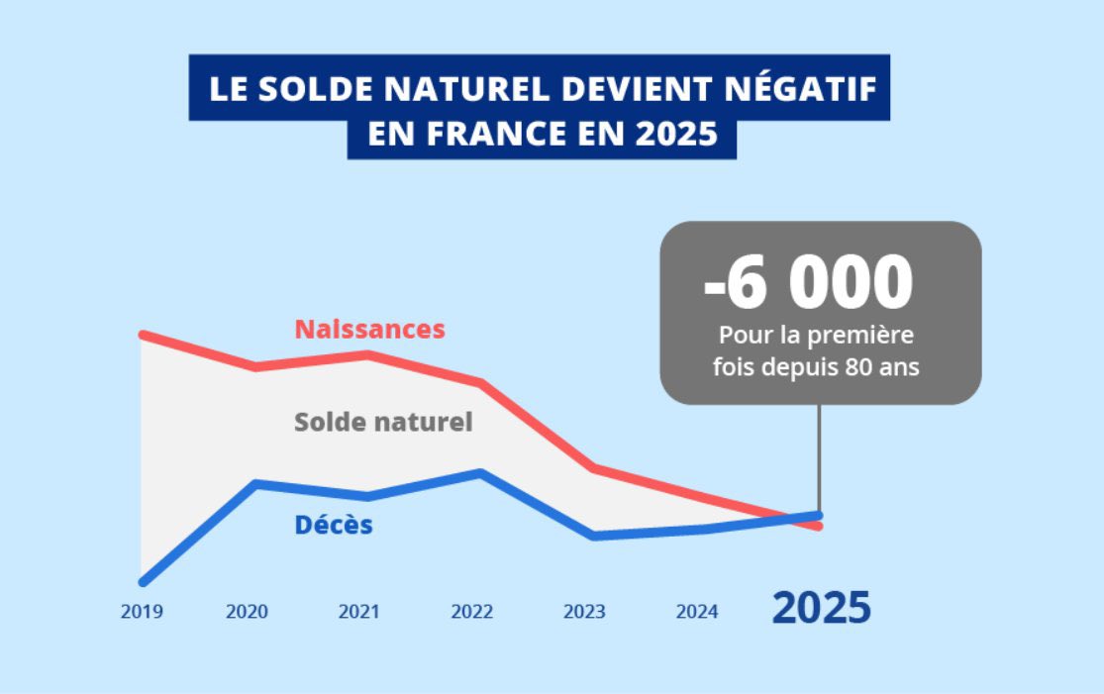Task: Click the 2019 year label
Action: click(x=142, y=612)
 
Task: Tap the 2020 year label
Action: click(x=247, y=612)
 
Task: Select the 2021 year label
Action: click(x=358, y=612)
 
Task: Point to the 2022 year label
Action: click(x=471, y=612)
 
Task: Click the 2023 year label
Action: click(x=584, y=612)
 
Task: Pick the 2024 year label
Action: click(x=697, y=612)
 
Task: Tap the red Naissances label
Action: click(x=370, y=329)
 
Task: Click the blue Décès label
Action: click(x=334, y=525)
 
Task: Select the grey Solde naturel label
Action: click(x=383, y=422)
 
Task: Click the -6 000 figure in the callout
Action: click(x=808, y=283)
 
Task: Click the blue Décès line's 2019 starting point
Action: click(x=144, y=581)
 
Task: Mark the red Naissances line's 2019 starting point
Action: click(x=144, y=335)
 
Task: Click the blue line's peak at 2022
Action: click(x=481, y=472)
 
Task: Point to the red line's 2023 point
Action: click(x=592, y=467)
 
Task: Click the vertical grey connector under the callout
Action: click(x=819, y=455)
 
